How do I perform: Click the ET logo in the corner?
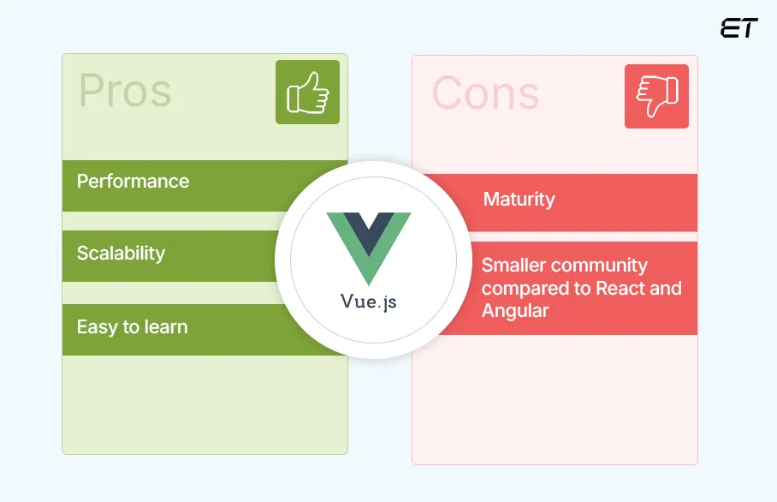[738, 28]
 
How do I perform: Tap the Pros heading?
[125, 91]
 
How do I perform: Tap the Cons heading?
[485, 93]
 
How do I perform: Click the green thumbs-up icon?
[307, 93]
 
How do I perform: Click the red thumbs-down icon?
[656, 96]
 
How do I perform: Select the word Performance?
[133, 182]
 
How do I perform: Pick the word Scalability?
[121, 254]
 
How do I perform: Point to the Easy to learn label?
[132, 327]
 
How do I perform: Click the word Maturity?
[519, 200]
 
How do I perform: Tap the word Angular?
[515, 310]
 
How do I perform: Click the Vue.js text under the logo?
[368, 302]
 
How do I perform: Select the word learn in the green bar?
[166, 327]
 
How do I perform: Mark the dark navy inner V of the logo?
[368, 231]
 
